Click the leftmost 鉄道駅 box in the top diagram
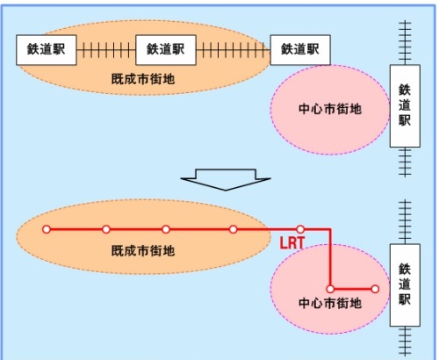coord(47,50)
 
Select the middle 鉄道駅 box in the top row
coord(166,50)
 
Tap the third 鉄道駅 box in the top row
coord(300,50)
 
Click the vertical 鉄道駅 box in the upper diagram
coord(405,105)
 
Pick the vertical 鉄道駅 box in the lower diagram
coord(405,284)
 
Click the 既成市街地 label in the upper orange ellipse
coord(143,79)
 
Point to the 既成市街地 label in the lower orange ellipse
coord(143,251)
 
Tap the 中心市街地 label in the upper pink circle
coord(330,109)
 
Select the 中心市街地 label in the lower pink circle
coord(330,303)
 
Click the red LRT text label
coord(292,243)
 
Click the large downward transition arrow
coord(226,179)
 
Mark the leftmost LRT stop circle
coord(47,229)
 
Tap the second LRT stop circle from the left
coord(106,229)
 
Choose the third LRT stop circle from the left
coord(166,229)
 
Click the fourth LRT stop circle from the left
coord(234,229)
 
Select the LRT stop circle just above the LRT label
coord(300,229)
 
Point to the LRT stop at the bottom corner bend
coord(330,289)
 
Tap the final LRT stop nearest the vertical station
coord(375,289)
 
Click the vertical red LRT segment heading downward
coord(330,257)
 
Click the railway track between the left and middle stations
coord(106,50)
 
